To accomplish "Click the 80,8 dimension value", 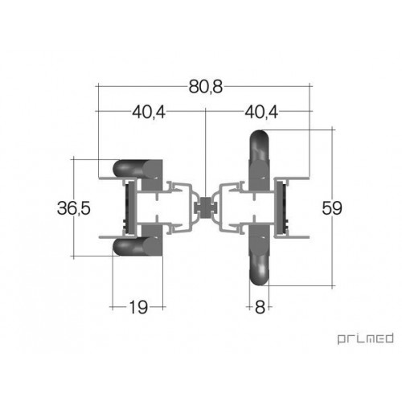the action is pyautogui.click(x=206, y=87).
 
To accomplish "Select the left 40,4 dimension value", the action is pyautogui.click(x=149, y=112).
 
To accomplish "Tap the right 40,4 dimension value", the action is pyautogui.click(x=261, y=112).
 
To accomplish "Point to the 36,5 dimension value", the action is pyautogui.click(x=74, y=208).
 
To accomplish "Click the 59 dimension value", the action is pyautogui.click(x=332, y=208).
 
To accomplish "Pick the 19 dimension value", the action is pyautogui.click(x=138, y=307).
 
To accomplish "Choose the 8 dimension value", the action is pyautogui.click(x=260, y=307).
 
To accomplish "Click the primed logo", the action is pyautogui.click(x=365, y=338).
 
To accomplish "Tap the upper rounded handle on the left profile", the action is pyautogui.click(x=137, y=169).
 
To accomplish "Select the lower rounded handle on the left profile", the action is pyautogui.click(x=137, y=246).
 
